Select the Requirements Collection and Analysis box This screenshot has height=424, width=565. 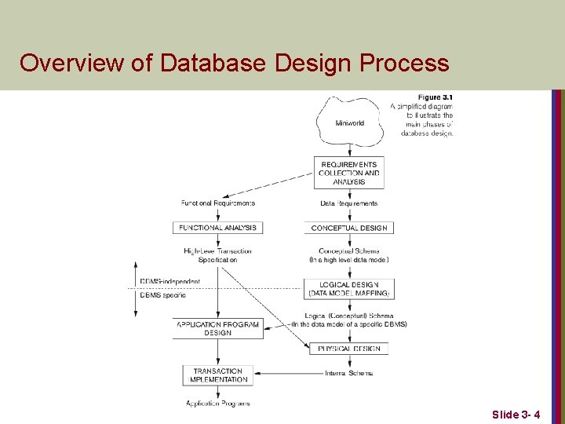coord(349,173)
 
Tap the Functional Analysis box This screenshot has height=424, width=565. coord(218,228)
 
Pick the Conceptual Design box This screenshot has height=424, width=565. coord(349,228)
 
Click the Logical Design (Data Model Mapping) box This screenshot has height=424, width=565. coord(349,289)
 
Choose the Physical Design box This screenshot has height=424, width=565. coord(349,348)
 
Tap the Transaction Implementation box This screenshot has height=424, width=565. coord(218,375)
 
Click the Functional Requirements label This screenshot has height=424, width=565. coord(218,203)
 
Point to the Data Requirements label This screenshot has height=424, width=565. coord(349,203)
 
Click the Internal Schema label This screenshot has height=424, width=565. coord(349,373)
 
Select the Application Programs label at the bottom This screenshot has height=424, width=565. coord(218,404)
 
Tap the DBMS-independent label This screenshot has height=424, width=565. coord(170,281)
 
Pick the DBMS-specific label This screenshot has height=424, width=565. coord(163,295)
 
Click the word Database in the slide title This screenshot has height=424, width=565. coord(212,63)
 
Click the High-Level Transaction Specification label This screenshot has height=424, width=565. coord(218,255)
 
